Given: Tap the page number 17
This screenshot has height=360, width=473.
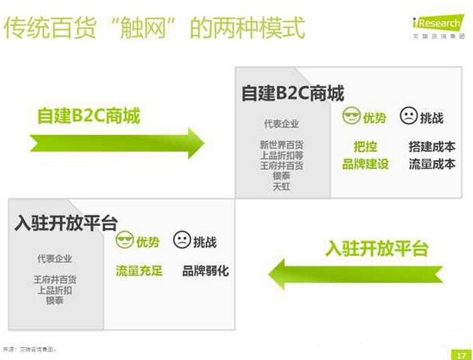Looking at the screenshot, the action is pos(459,353).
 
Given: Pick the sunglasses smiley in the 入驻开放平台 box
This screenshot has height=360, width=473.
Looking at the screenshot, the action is pos(125,240).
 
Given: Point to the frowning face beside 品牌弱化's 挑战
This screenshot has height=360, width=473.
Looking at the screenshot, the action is pos(181,240).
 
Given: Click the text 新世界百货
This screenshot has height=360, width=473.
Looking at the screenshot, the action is pos(281,145).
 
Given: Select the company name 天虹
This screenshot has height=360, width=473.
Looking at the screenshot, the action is pos(281,187).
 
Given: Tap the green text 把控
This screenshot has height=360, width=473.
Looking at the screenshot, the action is pos(365,147).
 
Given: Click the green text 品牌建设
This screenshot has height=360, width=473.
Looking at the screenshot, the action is pos(365,164).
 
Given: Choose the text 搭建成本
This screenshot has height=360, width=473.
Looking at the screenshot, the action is pos(432,147).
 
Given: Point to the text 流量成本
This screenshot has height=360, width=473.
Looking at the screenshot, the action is pos(432,164).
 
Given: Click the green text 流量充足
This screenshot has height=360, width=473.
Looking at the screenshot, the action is pos(139,271).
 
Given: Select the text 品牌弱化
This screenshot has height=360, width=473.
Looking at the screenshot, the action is pos(206,271).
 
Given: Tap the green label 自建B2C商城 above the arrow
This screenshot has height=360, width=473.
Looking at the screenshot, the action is pos(89,115).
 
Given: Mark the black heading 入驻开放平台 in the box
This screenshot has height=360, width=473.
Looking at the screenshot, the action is pos(65,222).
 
